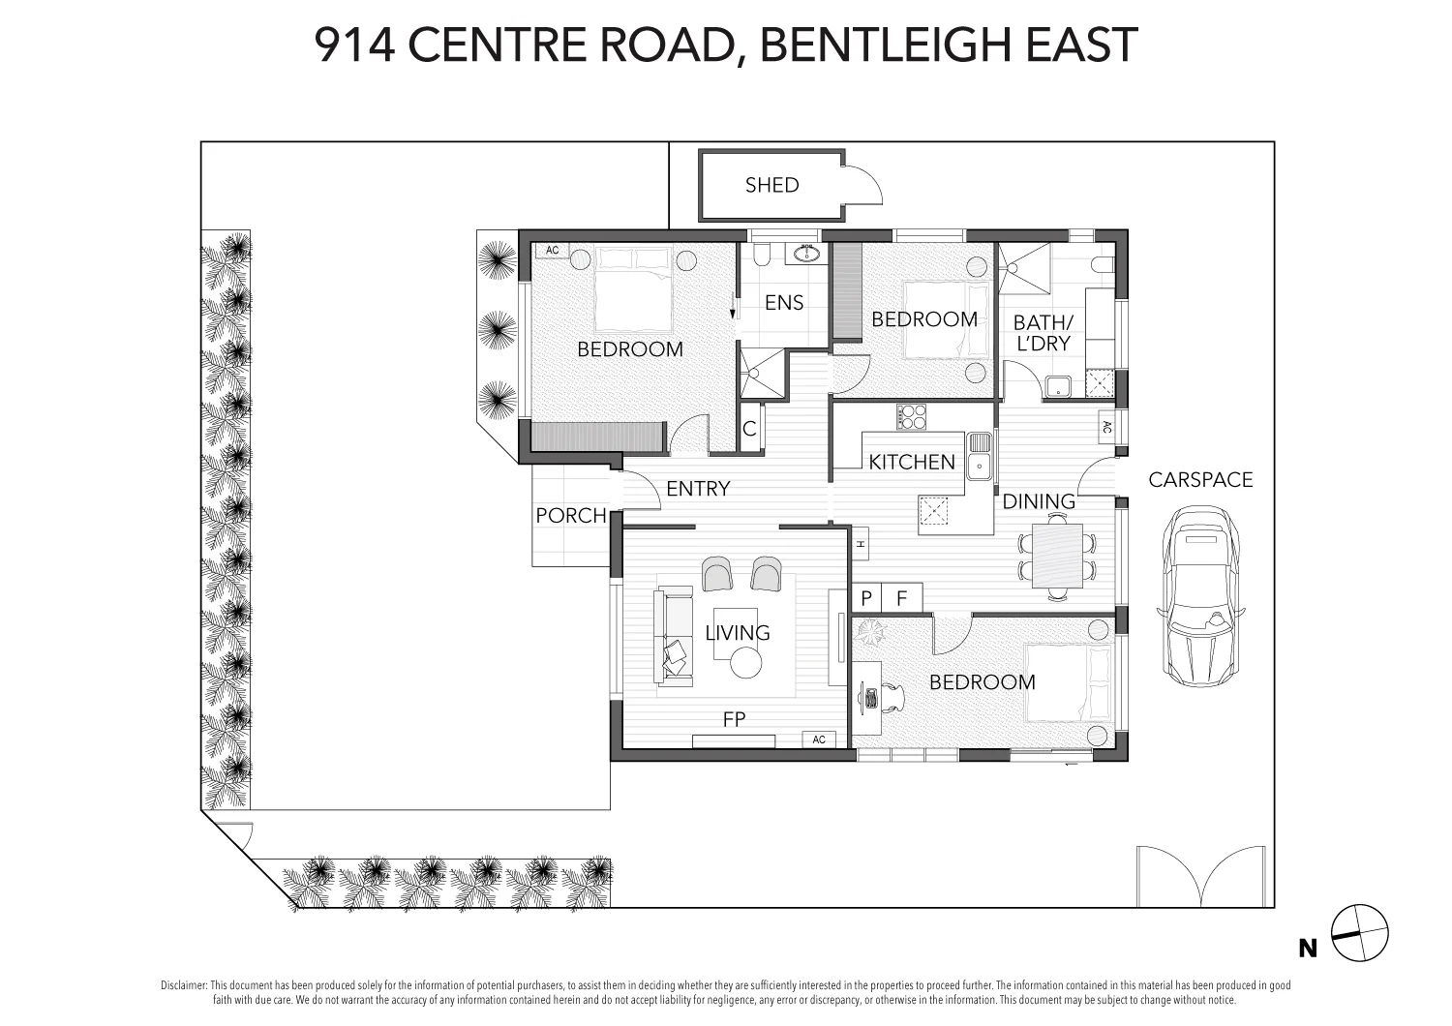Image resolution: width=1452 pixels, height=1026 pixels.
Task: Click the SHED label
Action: (771, 185)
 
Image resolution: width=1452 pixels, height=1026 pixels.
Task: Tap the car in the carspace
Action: (1200, 596)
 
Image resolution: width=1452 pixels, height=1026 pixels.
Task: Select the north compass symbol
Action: (1359, 934)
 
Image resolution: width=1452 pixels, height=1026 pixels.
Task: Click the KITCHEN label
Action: (911, 463)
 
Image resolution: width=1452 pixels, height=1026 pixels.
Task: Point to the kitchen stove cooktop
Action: (911, 416)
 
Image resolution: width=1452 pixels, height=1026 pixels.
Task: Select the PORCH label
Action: (570, 516)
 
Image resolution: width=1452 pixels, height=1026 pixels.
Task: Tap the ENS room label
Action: (783, 303)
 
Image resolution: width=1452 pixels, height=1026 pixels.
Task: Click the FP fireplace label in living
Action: (734, 719)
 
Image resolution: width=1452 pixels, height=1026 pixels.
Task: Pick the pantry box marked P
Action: (866, 598)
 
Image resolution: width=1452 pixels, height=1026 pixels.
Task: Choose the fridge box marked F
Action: (902, 598)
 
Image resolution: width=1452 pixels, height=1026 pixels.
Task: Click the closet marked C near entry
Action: (749, 429)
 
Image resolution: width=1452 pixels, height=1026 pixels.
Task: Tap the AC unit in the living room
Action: (818, 739)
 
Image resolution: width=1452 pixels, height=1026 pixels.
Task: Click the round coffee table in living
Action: (745, 663)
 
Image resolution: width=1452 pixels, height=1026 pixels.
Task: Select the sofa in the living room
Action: (674, 634)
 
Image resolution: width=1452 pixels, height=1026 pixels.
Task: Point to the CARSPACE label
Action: (1200, 480)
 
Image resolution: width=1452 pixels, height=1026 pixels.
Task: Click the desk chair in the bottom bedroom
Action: (893, 696)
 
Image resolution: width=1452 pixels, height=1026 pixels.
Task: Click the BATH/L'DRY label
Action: (1043, 332)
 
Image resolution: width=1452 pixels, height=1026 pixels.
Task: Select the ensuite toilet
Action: (761, 254)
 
